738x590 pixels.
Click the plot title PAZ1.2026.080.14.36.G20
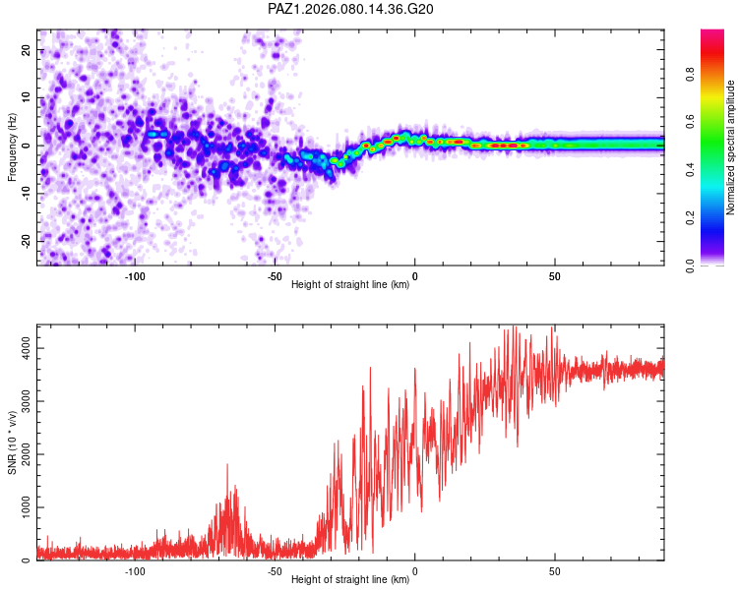click(x=351, y=9)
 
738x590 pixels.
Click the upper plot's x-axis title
click(x=350, y=285)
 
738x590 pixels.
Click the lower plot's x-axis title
click(x=350, y=580)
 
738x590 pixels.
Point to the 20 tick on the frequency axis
click(x=27, y=50)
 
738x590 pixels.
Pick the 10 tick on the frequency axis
click(x=27, y=98)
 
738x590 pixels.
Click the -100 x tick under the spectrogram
click(x=135, y=276)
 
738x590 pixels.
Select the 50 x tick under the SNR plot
click(x=555, y=571)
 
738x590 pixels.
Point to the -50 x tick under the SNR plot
click(x=275, y=571)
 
